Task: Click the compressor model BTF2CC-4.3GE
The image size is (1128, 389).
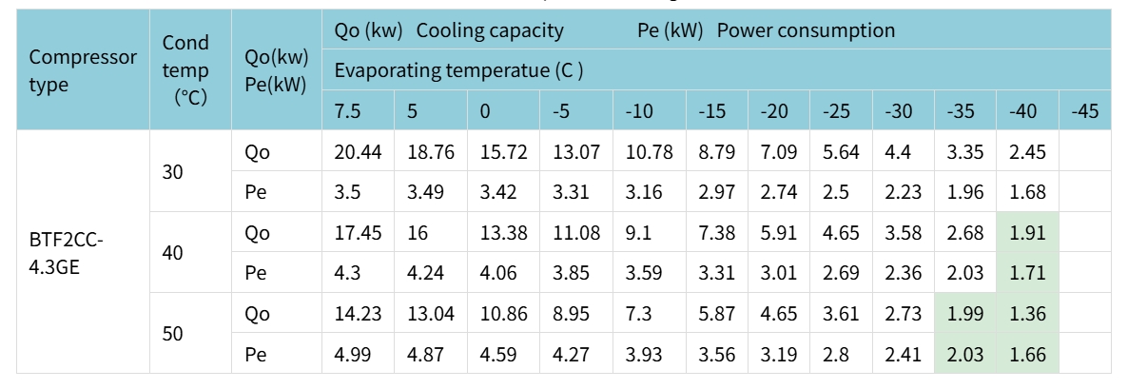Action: pos(66,253)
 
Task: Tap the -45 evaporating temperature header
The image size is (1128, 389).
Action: pos(1084,111)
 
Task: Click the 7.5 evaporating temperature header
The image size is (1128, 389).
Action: pos(347,111)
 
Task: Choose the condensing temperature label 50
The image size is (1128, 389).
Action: pos(173,334)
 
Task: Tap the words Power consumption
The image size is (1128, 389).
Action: pos(806,30)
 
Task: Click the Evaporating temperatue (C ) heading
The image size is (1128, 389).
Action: pos(458,70)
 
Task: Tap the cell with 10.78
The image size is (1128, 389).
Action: pos(647,152)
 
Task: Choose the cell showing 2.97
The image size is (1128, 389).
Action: pos(716,193)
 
